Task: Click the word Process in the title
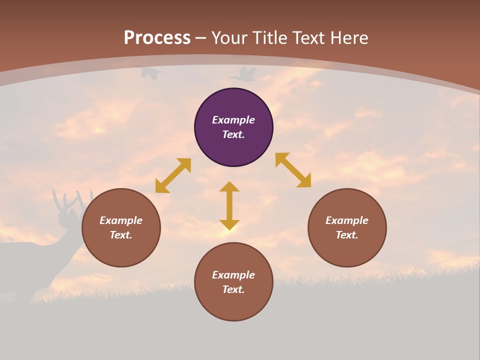(157, 38)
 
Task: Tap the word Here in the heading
(348, 38)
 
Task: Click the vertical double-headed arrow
(229, 205)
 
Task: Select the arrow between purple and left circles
(173, 175)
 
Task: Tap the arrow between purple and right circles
(293, 170)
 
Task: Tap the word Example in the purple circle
(233, 120)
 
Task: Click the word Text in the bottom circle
(233, 289)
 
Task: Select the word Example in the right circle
(347, 220)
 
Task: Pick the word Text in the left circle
(121, 235)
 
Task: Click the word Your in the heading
(228, 38)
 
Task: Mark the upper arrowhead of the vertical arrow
(229, 186)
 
